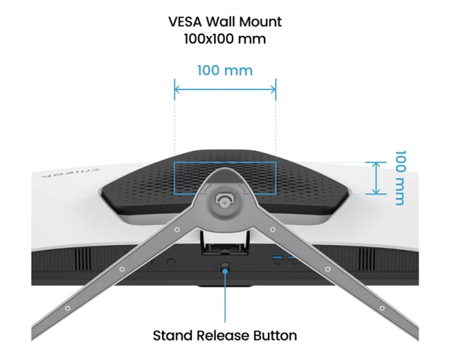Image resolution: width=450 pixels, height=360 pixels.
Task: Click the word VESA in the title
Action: point(185,22)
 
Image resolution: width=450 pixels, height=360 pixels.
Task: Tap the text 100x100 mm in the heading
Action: point(225,39)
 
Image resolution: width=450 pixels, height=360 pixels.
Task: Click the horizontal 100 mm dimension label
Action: point(225,70)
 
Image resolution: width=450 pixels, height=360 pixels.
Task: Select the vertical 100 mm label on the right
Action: point(400,178)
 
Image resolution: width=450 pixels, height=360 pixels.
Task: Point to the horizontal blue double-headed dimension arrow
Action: point(225,89)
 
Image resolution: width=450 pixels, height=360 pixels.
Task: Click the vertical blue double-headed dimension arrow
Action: point(376,178)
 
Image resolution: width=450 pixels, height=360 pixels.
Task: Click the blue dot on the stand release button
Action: point(225,271)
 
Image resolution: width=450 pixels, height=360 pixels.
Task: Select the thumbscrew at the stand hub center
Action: point(225,199)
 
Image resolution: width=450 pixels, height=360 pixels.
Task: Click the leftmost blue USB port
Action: point(277,256)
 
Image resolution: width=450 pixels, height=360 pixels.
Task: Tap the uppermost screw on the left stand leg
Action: point(177,229)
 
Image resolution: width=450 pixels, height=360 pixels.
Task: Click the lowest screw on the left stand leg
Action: point(67,308)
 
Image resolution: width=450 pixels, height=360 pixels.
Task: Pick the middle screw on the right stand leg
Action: point(328,269)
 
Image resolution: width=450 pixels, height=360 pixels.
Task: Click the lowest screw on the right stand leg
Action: point(382,308)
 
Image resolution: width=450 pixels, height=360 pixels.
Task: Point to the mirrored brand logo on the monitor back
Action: point(70,173)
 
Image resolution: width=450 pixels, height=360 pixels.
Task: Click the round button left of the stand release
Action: point(171,262)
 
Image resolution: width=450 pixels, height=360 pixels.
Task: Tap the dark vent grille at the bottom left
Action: point(83,259)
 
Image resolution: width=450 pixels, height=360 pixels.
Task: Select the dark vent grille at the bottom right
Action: point(367,259)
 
